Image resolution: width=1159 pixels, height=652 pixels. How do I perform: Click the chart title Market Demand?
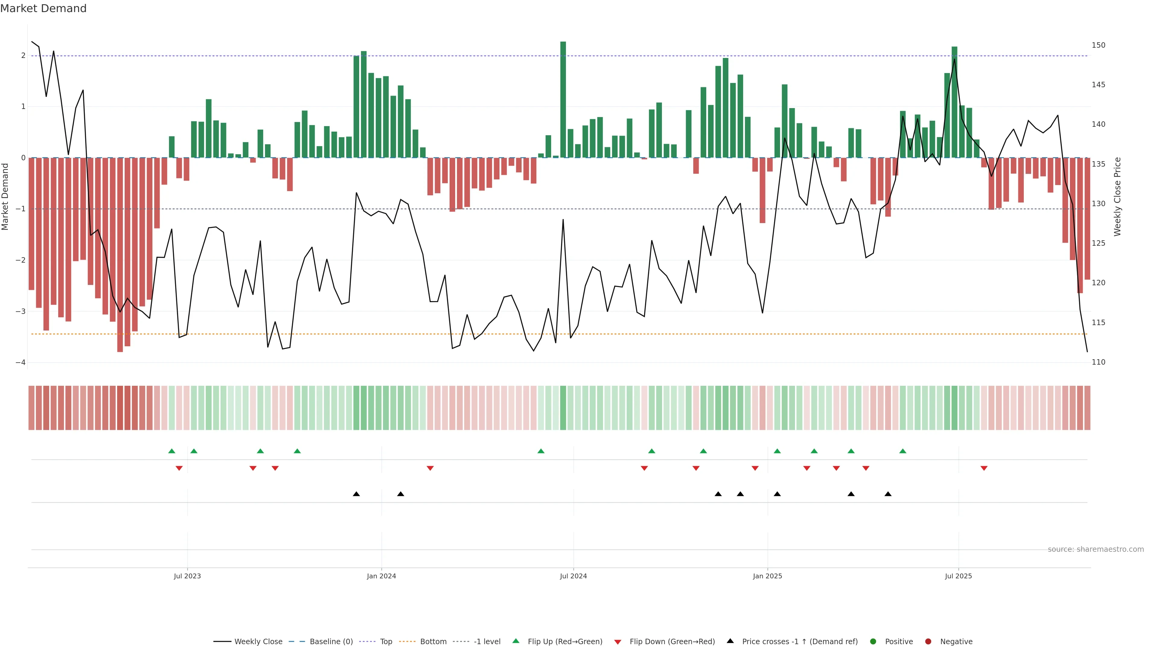pyautogui.click(x=43, y=8)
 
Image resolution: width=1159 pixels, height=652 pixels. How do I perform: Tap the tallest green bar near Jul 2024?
pyautogui.click(x=563, y=99)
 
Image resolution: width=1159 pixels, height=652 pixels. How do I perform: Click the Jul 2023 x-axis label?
pyautogui.click(x=187, y=576)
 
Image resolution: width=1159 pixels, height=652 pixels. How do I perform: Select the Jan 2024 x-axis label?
pyautogui.click(x=381, y=576)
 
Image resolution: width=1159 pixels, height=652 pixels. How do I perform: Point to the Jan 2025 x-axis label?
pyautogui.click(x=767, y=576)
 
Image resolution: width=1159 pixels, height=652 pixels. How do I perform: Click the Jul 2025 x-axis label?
pyautogui.click(x=958, y=576)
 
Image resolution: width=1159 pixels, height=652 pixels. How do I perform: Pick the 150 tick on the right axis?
pyautogui.click(x=1098, y=45)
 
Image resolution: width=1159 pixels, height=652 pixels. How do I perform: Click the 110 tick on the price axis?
pyautogui.click(x=1098, y=362)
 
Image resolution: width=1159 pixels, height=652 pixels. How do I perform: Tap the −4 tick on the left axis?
pyautogui.click(x=20, y=363)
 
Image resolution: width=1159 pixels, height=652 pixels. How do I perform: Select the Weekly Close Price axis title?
pyautogui.click(x=1118, y=197)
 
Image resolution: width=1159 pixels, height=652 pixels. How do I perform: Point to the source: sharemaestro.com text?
pyautogui.click(x=1096, y=549)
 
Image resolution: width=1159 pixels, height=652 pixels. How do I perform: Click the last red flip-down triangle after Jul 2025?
pyautogui.click(x=984, y=468)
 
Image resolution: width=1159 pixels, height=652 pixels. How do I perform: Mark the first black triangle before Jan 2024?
pyautogui.click(x=356, y=494)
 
